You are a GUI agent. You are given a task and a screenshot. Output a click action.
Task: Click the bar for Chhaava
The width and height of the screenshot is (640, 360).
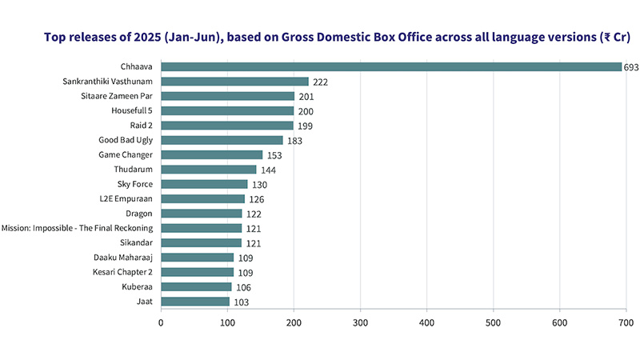click(x=391, y=67)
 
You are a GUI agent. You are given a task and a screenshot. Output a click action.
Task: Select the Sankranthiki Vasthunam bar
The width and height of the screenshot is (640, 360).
click(x=234, y=82)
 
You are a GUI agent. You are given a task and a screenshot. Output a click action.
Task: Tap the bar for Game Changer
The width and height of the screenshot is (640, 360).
click(x=211, y=154)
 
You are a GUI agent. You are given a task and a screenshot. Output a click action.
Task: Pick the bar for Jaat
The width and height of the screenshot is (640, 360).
click(x=195, y=302)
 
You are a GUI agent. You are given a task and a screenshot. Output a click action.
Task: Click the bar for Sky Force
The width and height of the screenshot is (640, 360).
click(x=204, y=184)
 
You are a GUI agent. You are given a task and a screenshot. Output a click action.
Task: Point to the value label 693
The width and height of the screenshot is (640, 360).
click(x=631, y=67)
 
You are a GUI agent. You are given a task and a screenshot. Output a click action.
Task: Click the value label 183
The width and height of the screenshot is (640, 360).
click(x=295, y=141)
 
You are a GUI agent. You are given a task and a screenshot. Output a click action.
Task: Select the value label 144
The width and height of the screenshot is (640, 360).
click(x=269, y=170)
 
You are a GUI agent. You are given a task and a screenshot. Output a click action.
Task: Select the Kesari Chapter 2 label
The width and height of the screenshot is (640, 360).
click(x=124, y=272)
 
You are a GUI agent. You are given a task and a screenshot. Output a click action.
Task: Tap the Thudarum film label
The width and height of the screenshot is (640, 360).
click(x=135, y=170)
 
